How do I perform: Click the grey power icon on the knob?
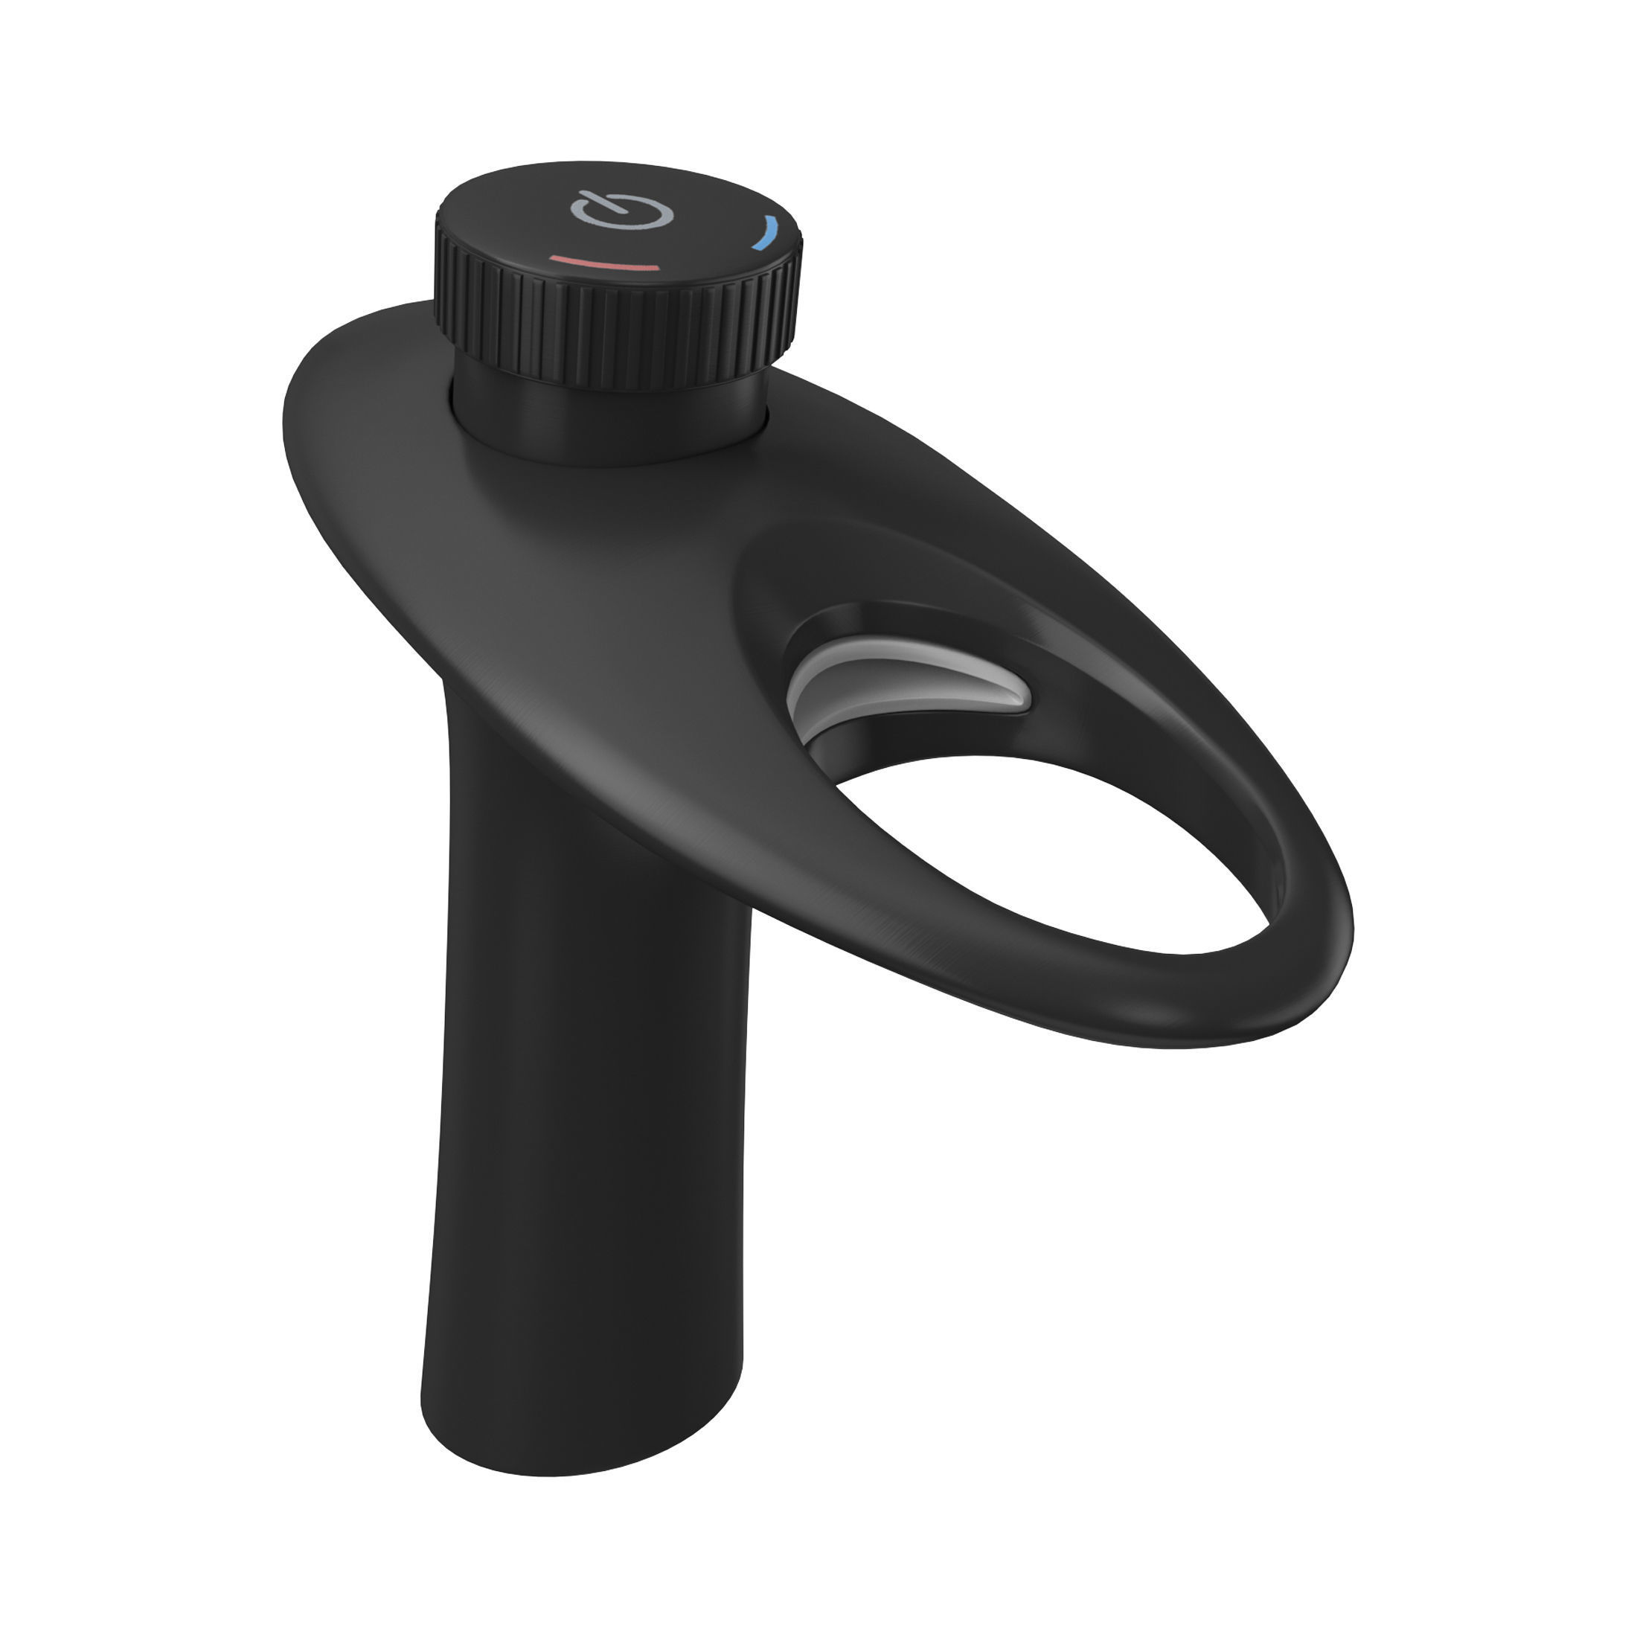[621, 211]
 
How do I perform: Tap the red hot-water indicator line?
[604, 264]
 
